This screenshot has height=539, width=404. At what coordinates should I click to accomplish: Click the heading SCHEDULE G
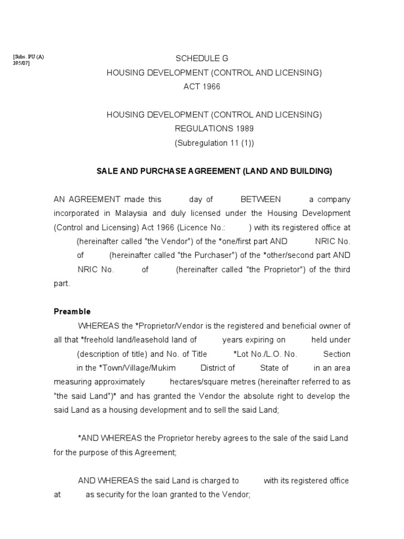[201, 58]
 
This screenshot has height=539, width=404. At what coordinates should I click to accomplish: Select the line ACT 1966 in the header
[201, 87]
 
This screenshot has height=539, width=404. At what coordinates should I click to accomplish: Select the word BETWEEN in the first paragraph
[260, 199]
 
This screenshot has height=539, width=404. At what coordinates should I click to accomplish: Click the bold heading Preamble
[72, 311]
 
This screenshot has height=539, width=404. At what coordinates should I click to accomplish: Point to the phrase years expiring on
[254, 340]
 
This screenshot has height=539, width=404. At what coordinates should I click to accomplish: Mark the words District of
[218, 368]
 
